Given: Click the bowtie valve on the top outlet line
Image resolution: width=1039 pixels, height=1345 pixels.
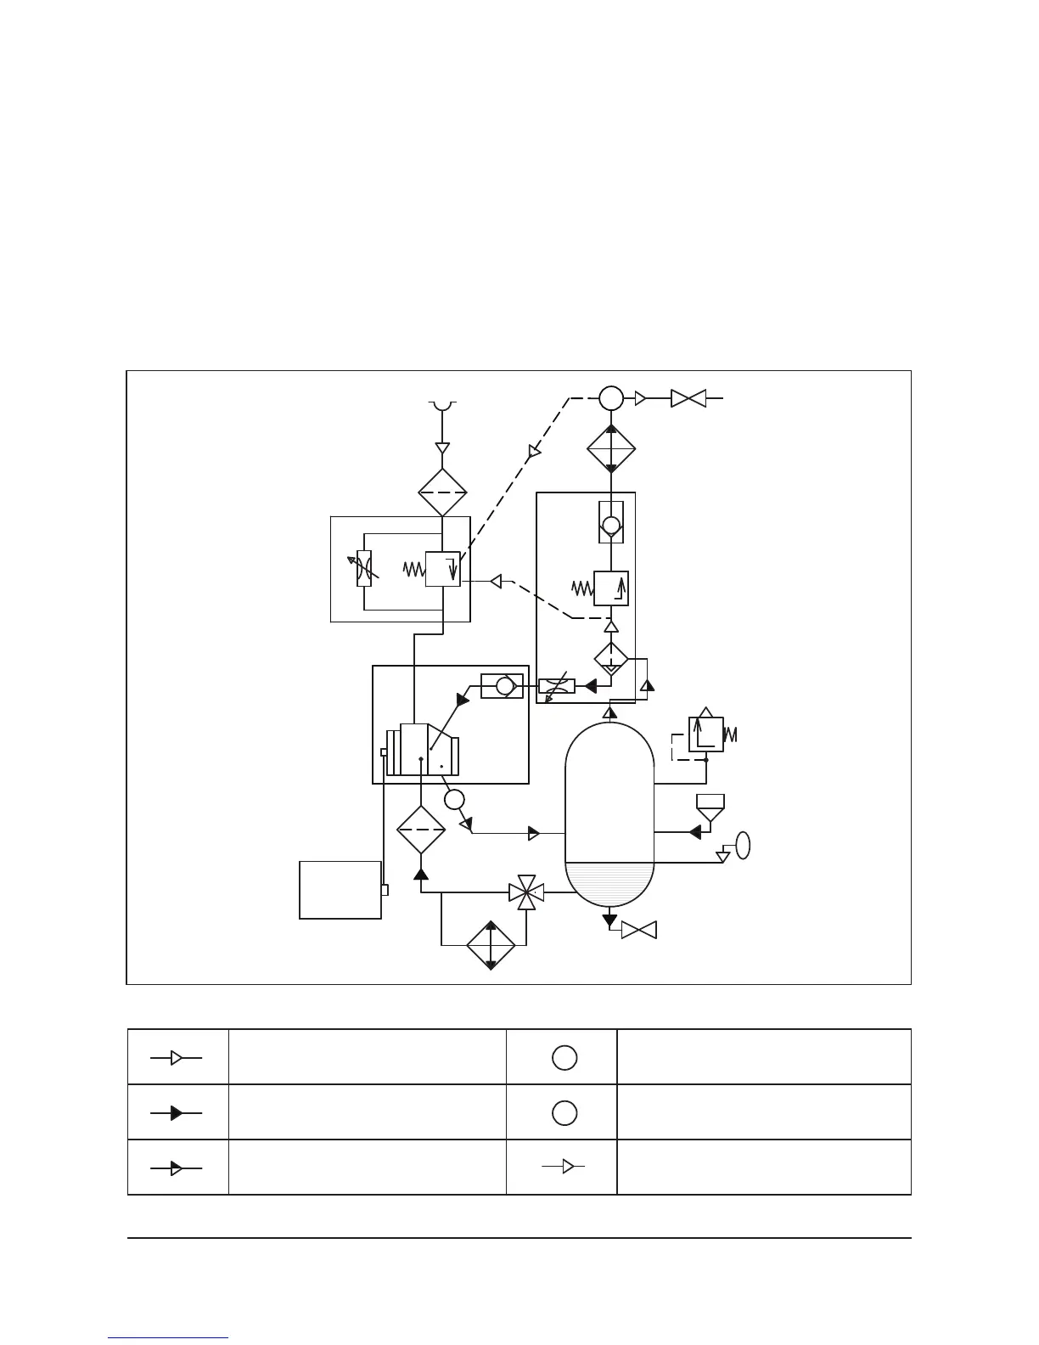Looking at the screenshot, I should pos(688,398).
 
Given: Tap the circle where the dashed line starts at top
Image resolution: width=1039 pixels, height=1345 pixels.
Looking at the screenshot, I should pos(610,397).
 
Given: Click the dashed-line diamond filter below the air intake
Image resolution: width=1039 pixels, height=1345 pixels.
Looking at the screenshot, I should pos(442,492).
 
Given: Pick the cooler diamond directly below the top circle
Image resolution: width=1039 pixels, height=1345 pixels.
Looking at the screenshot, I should pos(610,449).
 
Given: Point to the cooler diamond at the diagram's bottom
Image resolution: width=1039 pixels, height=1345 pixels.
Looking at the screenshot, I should pos(491,944).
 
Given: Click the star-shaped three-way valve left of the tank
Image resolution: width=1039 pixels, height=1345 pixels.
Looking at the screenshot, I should pos(526,892).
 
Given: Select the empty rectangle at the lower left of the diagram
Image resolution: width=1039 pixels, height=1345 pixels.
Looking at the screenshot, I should pos(340,890).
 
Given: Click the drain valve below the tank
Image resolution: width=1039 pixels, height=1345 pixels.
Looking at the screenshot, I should pos(638,930).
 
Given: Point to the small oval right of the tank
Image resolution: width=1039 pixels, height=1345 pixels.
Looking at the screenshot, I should pos(743,846).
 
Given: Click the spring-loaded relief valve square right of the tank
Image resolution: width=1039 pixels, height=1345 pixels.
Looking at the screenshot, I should pos(705,734).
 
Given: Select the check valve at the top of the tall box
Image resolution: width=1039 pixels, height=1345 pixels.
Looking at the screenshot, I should pos(610,521).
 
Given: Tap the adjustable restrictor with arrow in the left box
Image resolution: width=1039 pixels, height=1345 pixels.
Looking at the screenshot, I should pos(364,568).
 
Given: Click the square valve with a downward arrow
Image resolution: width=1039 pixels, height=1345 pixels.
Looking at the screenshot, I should pos(442,569).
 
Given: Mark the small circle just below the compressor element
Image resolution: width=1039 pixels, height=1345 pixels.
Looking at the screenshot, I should pos(454,799).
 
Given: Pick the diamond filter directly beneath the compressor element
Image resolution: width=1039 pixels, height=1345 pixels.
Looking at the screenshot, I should pos(421,830).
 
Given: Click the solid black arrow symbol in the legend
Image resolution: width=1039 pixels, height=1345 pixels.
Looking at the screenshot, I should pos(177,1113).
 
